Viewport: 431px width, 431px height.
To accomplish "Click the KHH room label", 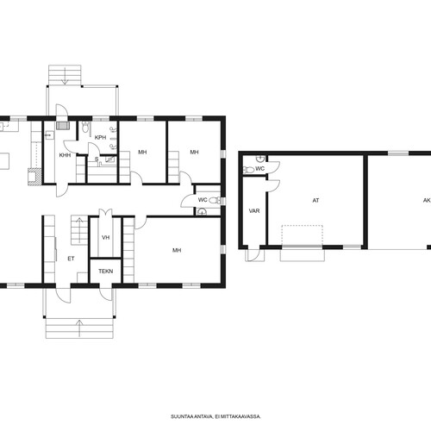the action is tap(65, 155).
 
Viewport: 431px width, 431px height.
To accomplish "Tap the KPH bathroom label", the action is tap(100, 138).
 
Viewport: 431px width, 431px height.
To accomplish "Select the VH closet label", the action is tap(106, 238).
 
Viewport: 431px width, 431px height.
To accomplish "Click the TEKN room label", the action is tap(106, 272).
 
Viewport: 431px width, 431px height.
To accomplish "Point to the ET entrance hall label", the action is tap(71, 259).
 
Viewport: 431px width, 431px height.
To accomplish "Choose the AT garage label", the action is tap(315, 201).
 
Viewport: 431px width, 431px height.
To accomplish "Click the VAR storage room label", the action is tap(254, 211).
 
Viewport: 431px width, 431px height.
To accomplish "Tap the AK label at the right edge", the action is tap(427, 201).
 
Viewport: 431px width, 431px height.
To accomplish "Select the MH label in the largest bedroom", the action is tap(177, 250).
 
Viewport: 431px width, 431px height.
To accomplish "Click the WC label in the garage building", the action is tap(259, 169).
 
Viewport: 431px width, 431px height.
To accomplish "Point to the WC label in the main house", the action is tap(203, 200).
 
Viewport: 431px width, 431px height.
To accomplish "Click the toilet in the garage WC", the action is tap(248, 170).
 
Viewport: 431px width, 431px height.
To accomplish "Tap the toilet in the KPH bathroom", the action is tap(85, 128).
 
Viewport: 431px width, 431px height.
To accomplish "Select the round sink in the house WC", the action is tap(203, 212).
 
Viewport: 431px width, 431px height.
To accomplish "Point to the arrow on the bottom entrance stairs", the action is tap(79, 328).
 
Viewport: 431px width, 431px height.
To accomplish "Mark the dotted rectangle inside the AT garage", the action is tap(302, 235).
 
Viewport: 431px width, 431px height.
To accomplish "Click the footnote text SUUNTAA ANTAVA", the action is tap(192, 416).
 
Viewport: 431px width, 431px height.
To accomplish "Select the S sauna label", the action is tap(97, 159).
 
